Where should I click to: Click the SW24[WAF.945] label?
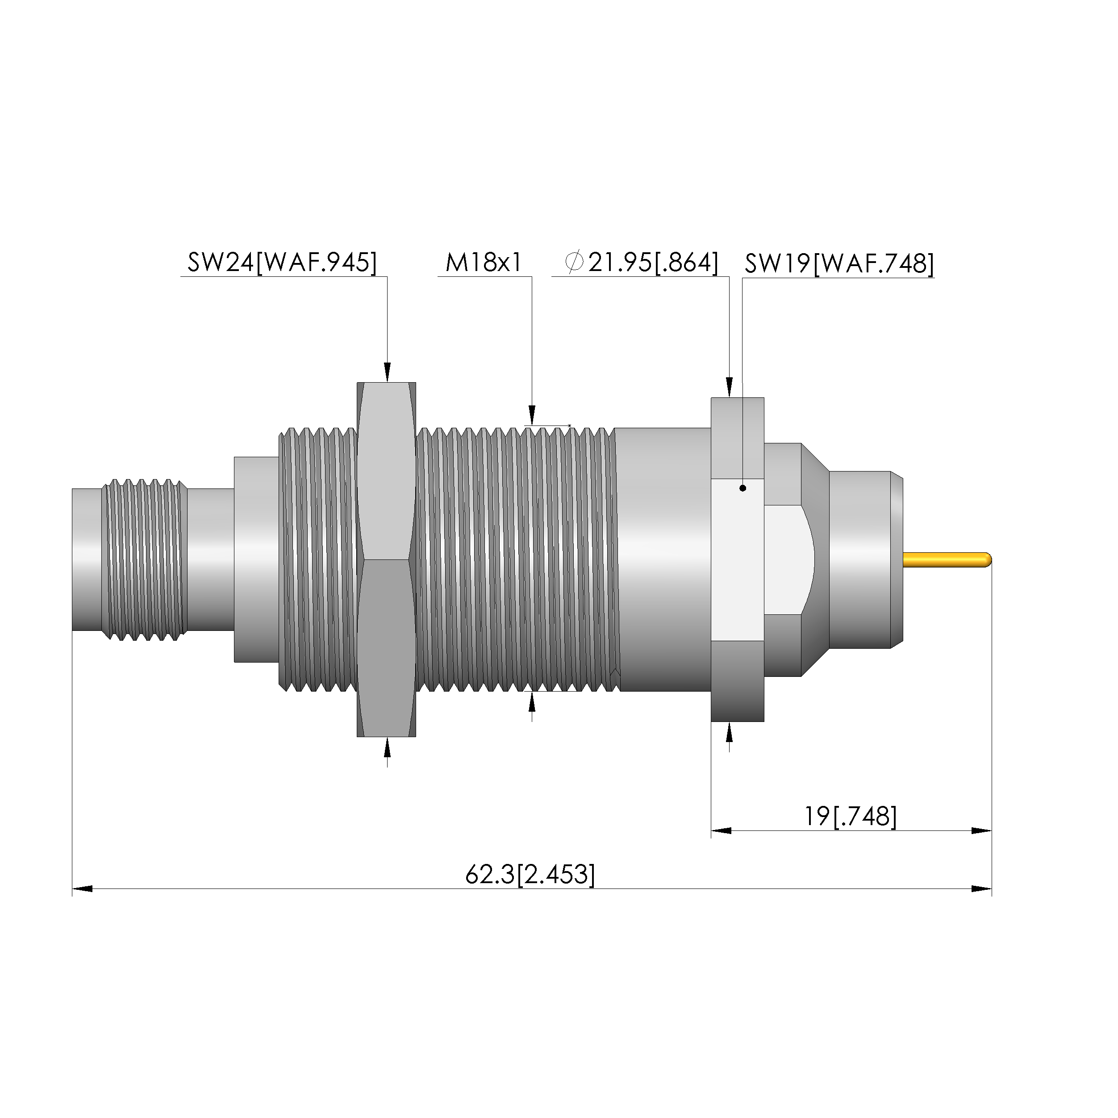click(282, 262)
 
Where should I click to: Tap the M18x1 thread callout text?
click(484, 262)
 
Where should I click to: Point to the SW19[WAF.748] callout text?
click(839, 264)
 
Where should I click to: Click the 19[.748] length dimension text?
click(851, 817)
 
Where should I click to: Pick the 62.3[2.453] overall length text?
click(530, 874)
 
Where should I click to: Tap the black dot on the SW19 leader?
click(743, 488)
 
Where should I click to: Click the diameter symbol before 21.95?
click(574, 262)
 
